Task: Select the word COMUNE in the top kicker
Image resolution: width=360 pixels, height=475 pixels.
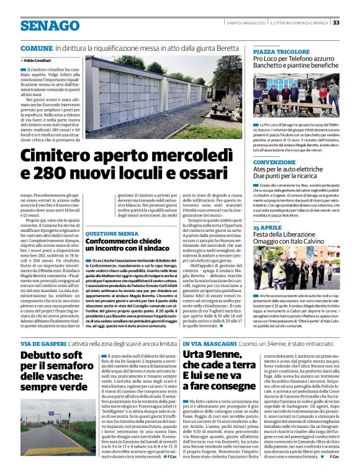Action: click(36, 48)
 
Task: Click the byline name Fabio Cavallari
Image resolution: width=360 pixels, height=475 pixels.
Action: click(39, 60)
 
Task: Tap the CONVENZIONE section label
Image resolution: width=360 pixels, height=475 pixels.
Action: click(274, 162)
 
